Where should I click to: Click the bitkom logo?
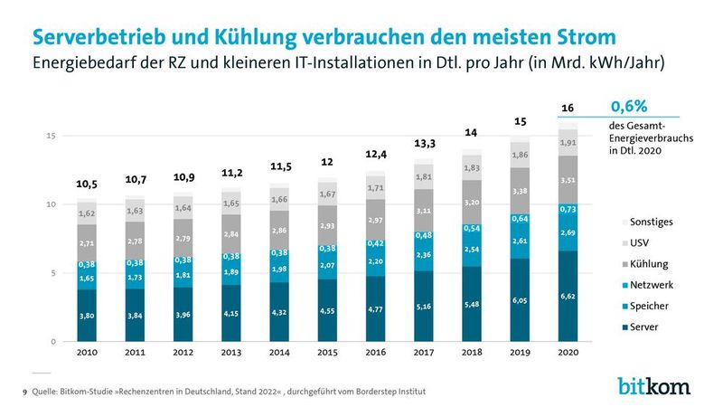tap(653, 385)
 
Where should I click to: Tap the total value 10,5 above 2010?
tap(87, 184)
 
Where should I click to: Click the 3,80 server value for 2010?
tap(87, 316)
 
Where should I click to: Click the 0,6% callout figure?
tap(629, 107)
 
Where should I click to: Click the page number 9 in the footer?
tap(24, 392)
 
